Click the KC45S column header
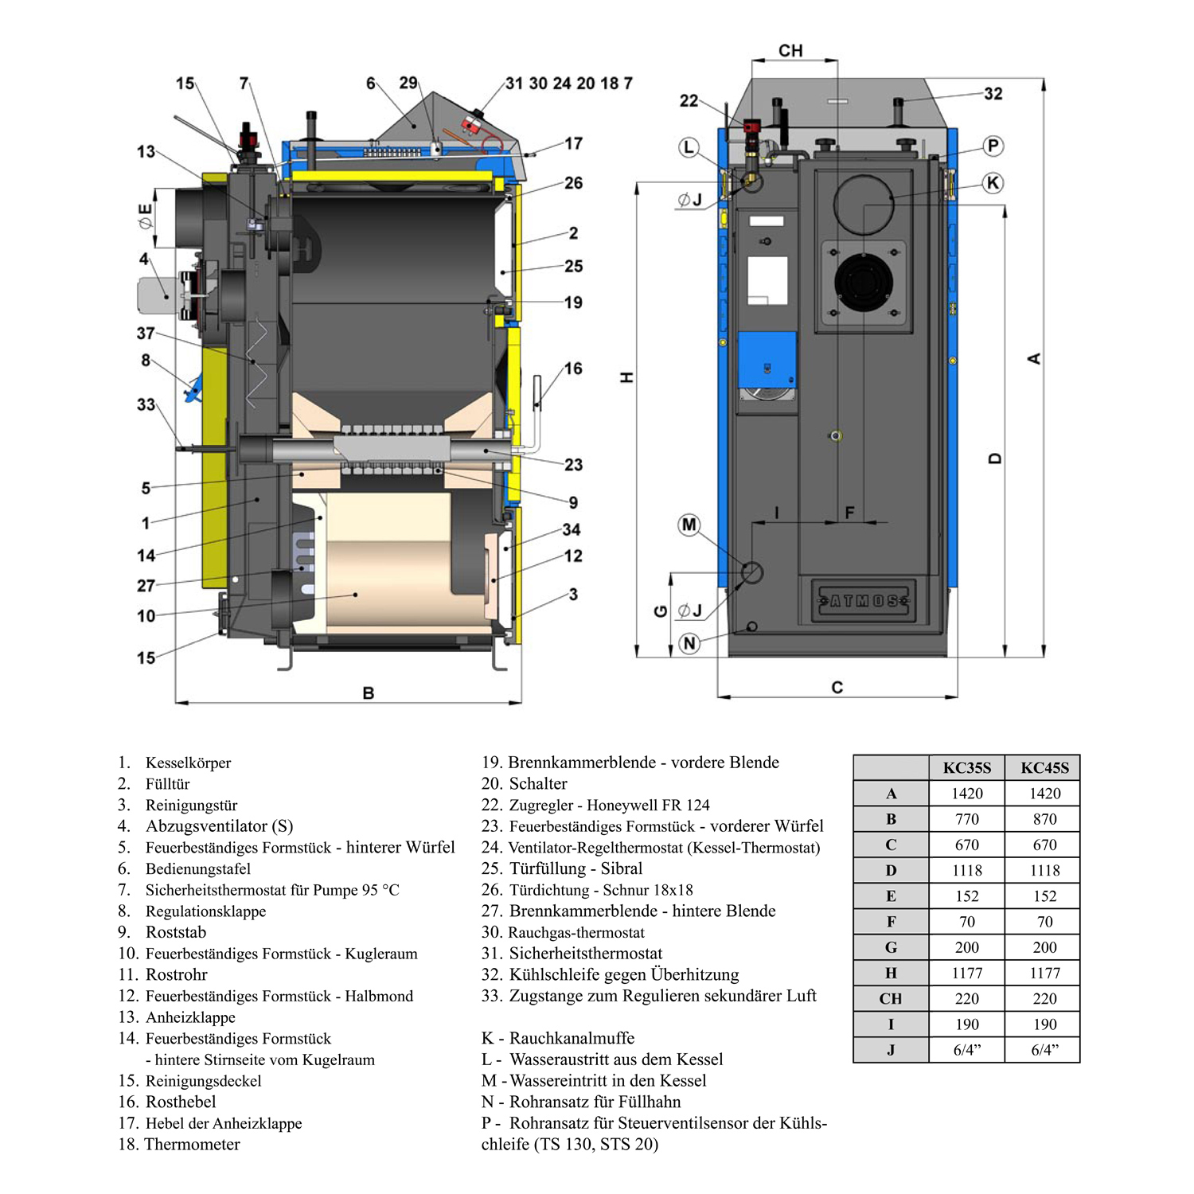point(1044,768)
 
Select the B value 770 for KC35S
point(966,819)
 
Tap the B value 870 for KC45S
point(1044,819)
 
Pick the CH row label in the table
point(891,999)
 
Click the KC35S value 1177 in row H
point(966,973)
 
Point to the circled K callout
point(993,183)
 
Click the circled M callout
point(689,525)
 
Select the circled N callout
point(689,643)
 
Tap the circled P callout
point(993,146)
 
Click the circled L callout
point(689,147)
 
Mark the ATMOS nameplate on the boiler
point(864,601)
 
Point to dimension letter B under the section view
point(369,693)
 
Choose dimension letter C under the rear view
point(837,688)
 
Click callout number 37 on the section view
point(146,334)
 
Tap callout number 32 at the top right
point(993,94)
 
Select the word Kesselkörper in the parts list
point(188,763)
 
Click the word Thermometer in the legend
point(192,1145)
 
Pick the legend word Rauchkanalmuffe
point(572,1038)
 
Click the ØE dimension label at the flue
point(145,217)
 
